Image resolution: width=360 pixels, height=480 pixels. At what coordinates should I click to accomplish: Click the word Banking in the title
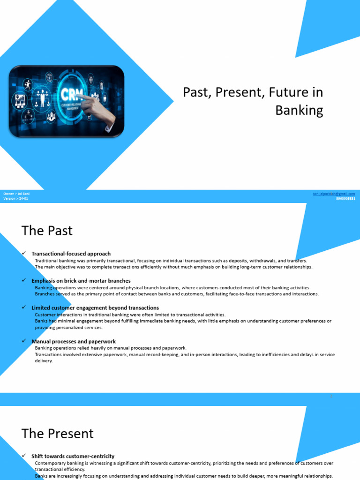point(299,111)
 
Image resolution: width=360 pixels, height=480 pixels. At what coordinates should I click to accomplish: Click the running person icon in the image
point(28,85)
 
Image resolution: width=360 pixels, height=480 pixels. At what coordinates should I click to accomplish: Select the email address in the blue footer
point(334,194)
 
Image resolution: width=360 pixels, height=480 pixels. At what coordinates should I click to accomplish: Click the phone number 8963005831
point(345,198)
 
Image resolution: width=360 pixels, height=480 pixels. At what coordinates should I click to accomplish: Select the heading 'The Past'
point(47,231)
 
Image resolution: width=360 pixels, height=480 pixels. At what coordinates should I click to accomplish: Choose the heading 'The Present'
point(58,433)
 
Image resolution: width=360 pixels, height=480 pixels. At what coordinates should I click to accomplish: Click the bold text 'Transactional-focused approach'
point(71,254)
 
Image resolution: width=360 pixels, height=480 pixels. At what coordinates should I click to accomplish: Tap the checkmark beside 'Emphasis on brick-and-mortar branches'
point(23,280)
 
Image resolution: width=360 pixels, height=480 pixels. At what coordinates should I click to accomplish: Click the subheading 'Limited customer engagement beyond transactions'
point(95,308)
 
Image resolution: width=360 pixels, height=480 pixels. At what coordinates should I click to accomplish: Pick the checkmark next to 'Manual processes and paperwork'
point(23,341)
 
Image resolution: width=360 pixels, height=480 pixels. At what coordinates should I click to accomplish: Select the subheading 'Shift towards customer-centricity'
point(73,456)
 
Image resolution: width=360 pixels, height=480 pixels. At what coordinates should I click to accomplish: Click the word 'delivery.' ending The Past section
point(44,361)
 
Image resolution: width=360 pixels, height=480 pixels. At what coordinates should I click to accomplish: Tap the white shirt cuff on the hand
point(110,127)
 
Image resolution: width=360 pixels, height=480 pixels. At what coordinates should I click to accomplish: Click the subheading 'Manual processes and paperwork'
point(74,342)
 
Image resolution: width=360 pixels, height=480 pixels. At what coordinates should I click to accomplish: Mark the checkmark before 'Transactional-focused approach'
point(23,254)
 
